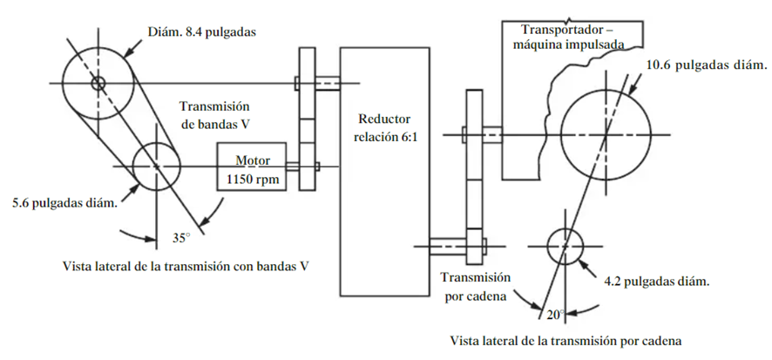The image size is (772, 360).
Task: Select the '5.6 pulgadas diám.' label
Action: pyautogui.click(x=63, y=203)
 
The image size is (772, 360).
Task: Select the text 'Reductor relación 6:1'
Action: pyautogui.click(x=384, y=126)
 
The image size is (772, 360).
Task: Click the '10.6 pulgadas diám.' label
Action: pyautogui.click(x=706, y=65)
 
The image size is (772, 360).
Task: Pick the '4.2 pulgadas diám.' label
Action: pyautogui.click(x=656, y=282)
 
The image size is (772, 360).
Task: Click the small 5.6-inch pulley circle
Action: pyautogui.click(x=156, y=166)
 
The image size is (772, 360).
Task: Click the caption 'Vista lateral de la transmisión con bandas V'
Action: pyautogui.click(x=187, y=264)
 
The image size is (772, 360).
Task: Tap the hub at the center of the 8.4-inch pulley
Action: pyautogui.click(x=97, y=84)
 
